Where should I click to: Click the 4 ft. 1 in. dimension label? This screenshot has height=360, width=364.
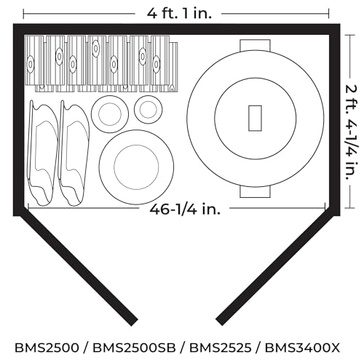179,14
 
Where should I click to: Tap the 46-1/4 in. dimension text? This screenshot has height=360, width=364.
185,209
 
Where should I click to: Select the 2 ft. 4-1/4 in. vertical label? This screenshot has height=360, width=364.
352,132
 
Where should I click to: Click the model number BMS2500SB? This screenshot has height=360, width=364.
134,348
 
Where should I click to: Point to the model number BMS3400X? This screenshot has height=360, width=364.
302,348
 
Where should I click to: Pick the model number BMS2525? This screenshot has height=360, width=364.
221,348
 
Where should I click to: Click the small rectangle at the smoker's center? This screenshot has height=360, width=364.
255,118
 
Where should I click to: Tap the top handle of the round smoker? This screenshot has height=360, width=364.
255,45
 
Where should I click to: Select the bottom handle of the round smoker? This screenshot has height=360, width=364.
255,192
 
